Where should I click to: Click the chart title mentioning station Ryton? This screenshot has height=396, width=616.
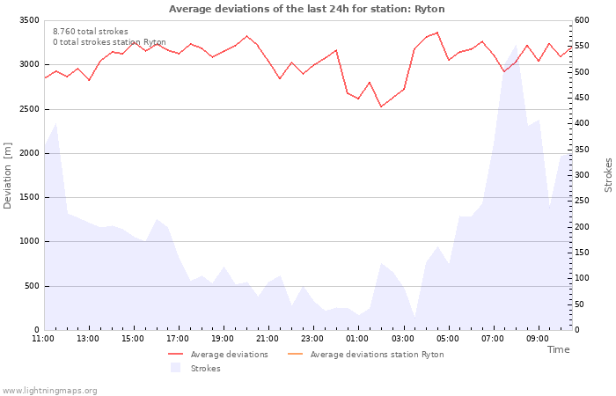tap(307, 9)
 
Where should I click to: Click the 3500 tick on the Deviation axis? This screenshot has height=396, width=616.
tap(29, 20)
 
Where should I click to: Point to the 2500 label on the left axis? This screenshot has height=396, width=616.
tap(29, 109)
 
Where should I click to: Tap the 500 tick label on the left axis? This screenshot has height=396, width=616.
tap(33, 286)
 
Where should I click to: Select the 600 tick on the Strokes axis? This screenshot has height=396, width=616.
tap(582, 20)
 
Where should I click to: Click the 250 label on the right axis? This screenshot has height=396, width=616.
tap(582, 201)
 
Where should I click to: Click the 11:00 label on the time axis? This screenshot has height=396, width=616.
tap(43, 339)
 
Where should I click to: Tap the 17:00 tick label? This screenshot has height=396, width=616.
tap(178, 339)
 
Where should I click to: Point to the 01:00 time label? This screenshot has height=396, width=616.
tap(357, 339)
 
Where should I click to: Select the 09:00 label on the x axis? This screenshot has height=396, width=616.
tap(538, 339)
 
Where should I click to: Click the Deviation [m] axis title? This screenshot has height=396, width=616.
tap(7, 175)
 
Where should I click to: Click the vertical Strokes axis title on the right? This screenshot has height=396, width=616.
tap(608, 175)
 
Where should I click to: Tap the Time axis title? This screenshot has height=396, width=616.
tap(558, 349)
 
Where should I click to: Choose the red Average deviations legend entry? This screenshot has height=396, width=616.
tap(218, 355)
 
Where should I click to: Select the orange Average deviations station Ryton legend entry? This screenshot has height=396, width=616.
tap(366, 355)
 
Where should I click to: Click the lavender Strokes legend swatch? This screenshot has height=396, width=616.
tap(175, 368)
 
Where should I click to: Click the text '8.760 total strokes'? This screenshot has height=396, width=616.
tap(91, 32)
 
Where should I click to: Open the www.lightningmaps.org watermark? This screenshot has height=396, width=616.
tap(49, 391)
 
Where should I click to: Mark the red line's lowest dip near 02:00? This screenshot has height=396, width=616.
tap(381, 106)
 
